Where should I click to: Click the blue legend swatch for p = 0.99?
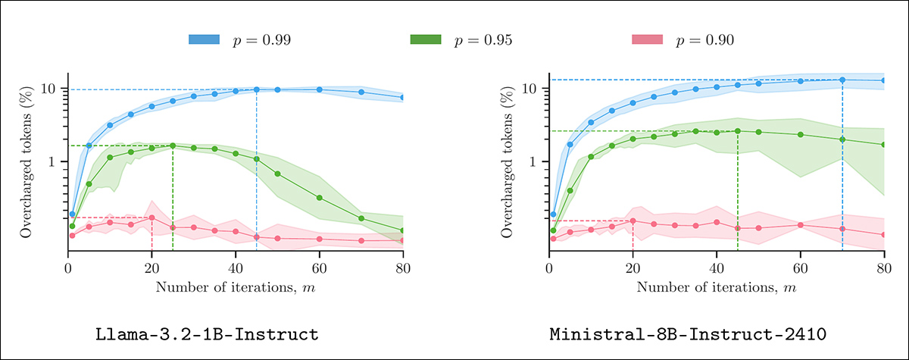pyautogui.click(x=204, y=39)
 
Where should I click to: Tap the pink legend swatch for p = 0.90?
pyautogui.click(x=647, y=39)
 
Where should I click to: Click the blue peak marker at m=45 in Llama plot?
pyautogui.click(x=257, y=89)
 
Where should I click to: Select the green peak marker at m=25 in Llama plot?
pyautogui.click(x=173, y=146)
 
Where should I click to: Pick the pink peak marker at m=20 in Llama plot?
pyautogui.click(x=152, y=218)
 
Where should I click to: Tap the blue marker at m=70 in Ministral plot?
pyautogui.click(x=842, y=80)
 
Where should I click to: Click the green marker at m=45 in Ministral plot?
pyautogui.click(x=738, y=130)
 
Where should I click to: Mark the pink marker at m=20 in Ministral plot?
pyautogui.click(x=633, y=221)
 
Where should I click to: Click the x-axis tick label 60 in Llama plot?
pyautogui.click(x=319, y=267)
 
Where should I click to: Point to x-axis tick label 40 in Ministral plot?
pyautogui.click(x=717, y=267)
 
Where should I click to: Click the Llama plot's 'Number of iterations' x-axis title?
pyautogui.click(x=235, y=287)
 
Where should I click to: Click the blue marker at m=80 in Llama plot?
pyautogui.click(x=403, y=98)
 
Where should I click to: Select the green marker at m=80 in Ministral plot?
pyautogui.click(x=884, y=145)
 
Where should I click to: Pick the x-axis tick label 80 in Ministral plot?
pyautogui.click(x=884, y=267)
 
